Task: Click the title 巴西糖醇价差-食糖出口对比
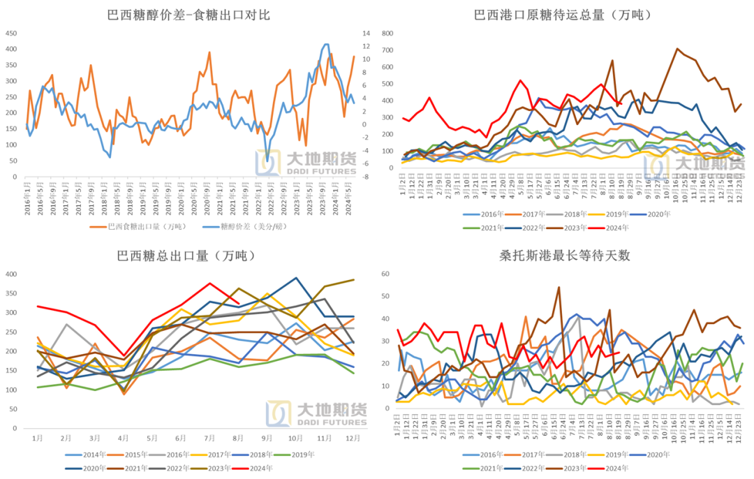(x=188, y=15)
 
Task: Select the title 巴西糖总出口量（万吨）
(x=188, y=256)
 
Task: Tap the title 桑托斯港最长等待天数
(x=566, y=256)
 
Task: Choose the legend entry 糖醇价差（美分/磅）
(x=251, y=226)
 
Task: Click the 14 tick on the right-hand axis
(x=367, y=33)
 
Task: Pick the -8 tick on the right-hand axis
(x=367, y=177)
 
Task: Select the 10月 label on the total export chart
(x=296, y=438)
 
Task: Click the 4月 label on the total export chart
(x=123, y=438)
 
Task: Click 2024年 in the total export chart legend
(x=260, y=468)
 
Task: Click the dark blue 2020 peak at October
(x=296, y=278)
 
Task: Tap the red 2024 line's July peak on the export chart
(x=209, y=283)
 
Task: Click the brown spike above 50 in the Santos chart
(x=559, y=287)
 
